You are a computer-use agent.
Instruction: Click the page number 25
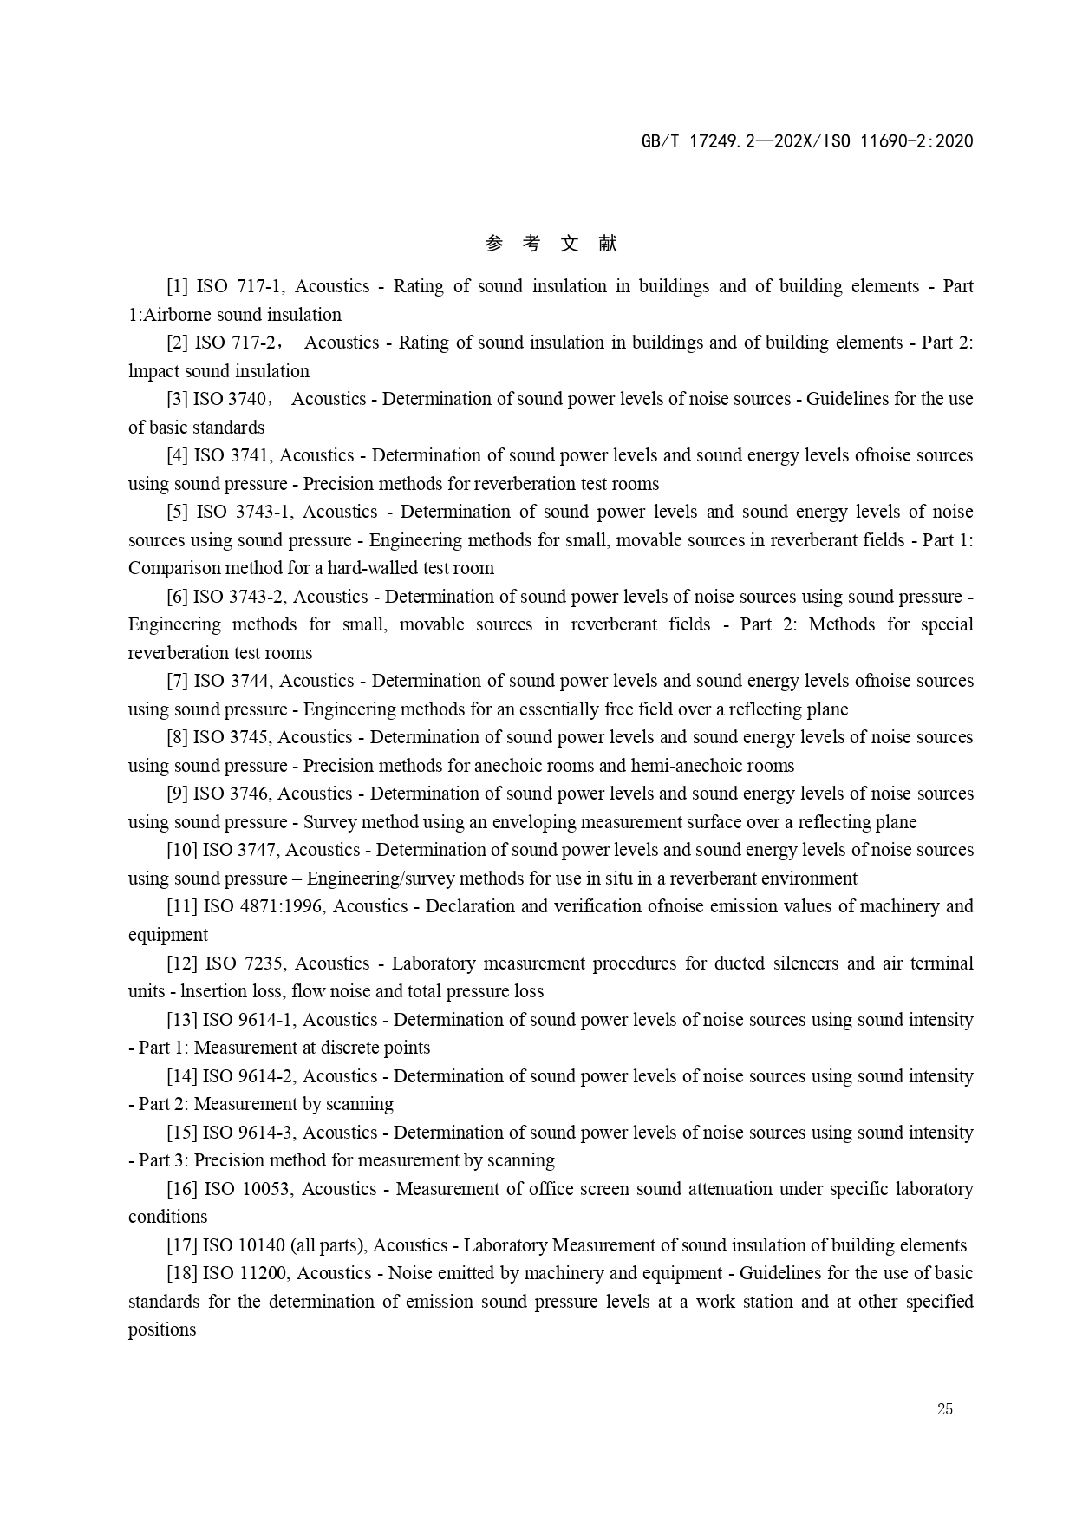944,1409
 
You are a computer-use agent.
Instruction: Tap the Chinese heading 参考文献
551,244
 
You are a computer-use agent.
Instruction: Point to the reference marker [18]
181,1273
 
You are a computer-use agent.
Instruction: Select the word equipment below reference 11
168,935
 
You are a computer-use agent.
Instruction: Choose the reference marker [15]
181,1133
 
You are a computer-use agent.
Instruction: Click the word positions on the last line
162,1329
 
